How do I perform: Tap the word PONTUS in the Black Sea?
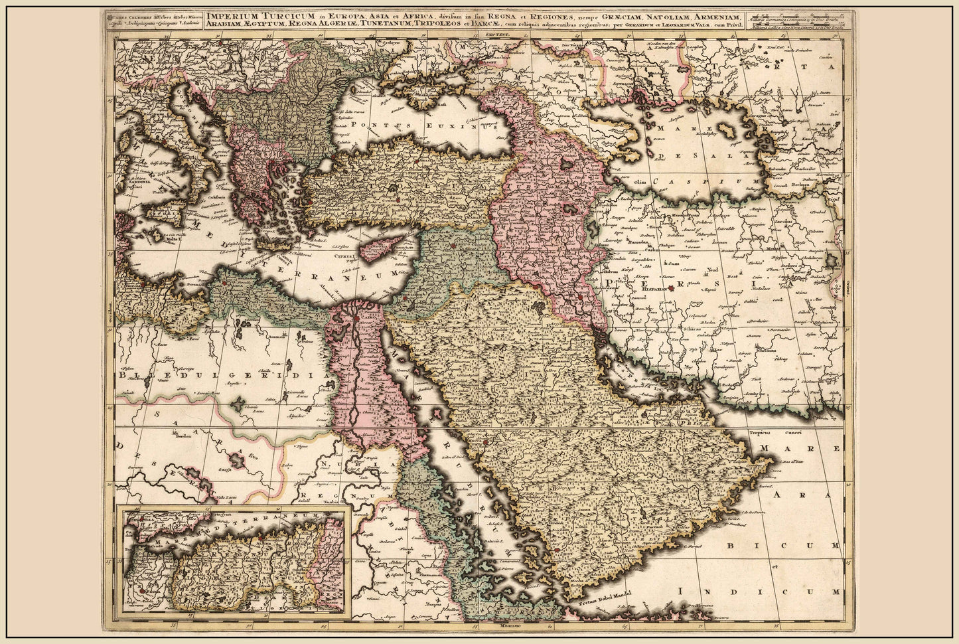point(374,123)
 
